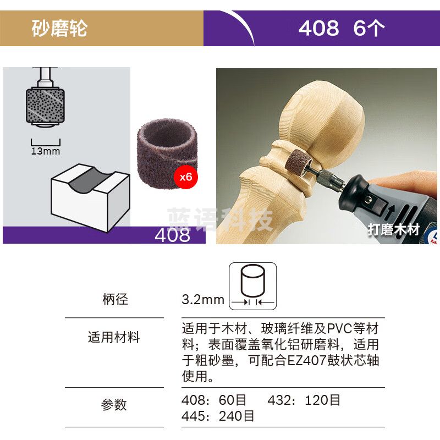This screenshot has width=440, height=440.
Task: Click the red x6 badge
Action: click(185, 177)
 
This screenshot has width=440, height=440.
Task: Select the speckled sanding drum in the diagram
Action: click(43, 104)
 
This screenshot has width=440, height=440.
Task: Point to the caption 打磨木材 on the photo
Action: click(393, 229)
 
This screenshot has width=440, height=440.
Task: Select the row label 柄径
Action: click(115, 299)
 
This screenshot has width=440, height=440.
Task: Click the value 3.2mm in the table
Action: click(203, 300)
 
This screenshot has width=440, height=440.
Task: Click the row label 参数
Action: click(114, 405)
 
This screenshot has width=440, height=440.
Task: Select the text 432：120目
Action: click(304, 400)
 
